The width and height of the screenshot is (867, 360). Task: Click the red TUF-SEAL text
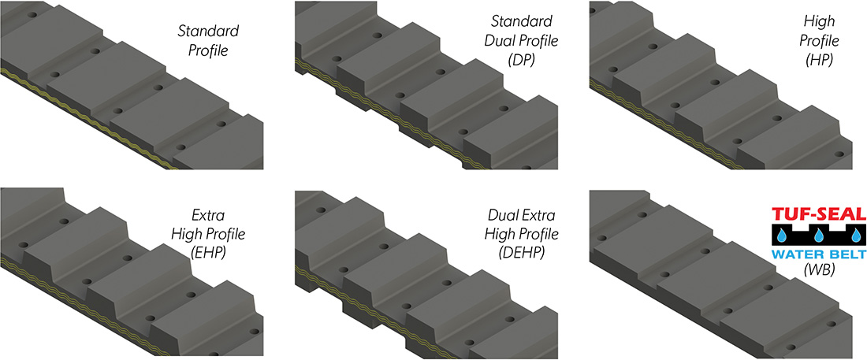click(x=819, y=213)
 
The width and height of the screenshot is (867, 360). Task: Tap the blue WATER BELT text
click(x=819, y=254)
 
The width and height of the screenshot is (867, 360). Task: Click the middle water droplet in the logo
click(x=820, y=236)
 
